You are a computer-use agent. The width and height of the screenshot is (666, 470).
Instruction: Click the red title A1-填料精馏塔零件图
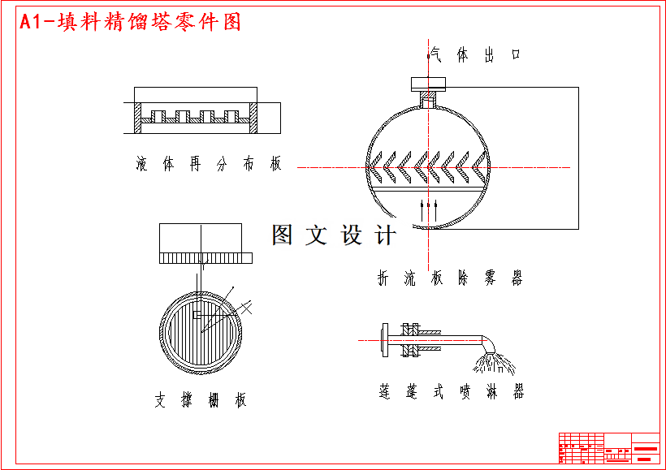click(131, 23)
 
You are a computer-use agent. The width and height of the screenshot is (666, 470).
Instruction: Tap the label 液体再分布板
click(209, 165)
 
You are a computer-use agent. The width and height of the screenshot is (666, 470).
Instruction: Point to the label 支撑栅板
click(200, 400)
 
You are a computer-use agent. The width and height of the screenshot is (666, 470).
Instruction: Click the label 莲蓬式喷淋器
click(451, 393)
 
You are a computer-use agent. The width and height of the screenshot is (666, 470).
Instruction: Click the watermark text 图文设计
click(334, 235)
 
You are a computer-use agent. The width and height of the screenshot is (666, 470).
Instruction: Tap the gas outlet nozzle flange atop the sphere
click(428, 83)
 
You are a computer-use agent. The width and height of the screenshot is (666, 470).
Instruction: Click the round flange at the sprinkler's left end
click(383, 339)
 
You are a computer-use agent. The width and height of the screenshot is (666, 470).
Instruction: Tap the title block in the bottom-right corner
click(608, 447)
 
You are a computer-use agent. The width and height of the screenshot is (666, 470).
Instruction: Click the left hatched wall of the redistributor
click(137, 119)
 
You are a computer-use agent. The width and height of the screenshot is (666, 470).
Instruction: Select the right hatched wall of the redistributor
click(253, 119)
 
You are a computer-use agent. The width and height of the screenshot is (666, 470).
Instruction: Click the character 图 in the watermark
click(282, 235)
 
